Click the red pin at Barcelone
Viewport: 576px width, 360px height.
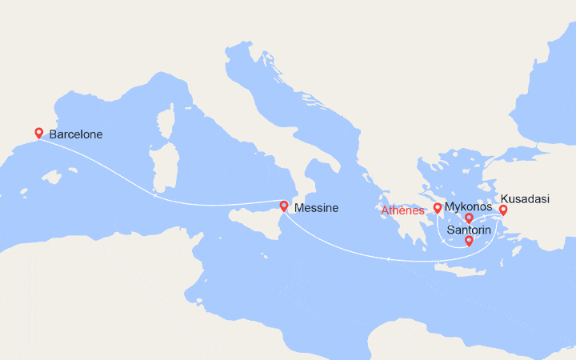point(38,133)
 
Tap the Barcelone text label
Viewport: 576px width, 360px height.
point(75,134)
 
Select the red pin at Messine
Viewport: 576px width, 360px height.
point(283,206)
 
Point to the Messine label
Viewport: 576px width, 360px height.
point(316,208)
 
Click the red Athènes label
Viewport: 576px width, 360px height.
point(402,210)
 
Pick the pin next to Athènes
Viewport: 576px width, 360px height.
point(438,209)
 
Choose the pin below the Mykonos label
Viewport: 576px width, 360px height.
point(469,218)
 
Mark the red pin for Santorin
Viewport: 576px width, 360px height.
point(469,241)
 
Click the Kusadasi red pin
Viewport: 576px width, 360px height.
point(503,210)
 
